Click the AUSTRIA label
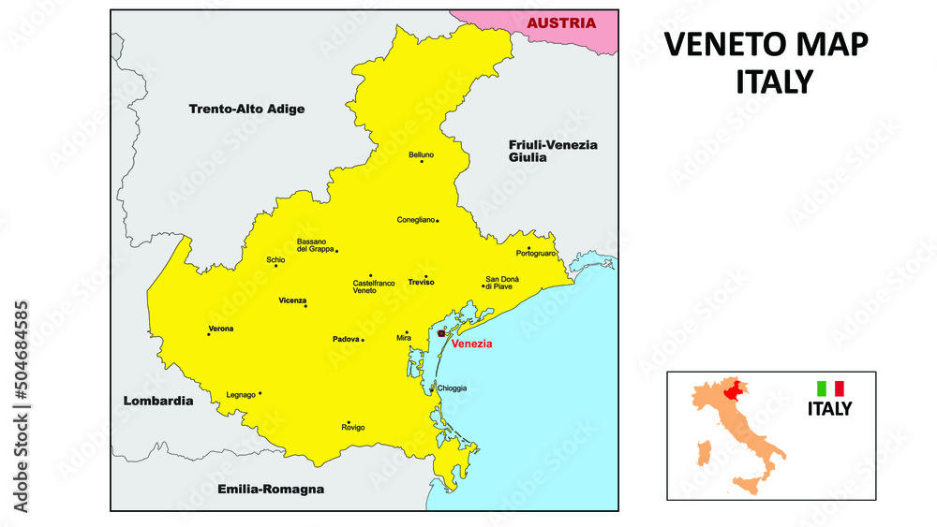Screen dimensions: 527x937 [560, 23]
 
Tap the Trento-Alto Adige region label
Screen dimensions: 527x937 [246, 109]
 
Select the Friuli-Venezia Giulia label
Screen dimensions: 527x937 [553, 152]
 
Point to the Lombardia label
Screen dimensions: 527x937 [158, 401]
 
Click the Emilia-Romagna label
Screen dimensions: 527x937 [270, 489]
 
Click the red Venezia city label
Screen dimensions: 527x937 [471, 344]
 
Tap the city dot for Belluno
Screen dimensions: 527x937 [422, 162]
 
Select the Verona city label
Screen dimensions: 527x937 [221, 329]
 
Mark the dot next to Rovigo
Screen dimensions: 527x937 [349, 421]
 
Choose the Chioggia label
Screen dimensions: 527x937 [451, 388]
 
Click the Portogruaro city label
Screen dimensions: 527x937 [535, 254]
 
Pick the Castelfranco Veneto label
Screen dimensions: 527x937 [373, 286]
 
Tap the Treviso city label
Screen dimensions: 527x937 [422, 282]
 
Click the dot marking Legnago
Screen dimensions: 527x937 [260, 393]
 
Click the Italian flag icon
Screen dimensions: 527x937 [830, 388]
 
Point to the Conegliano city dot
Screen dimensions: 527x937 [438, 221]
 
